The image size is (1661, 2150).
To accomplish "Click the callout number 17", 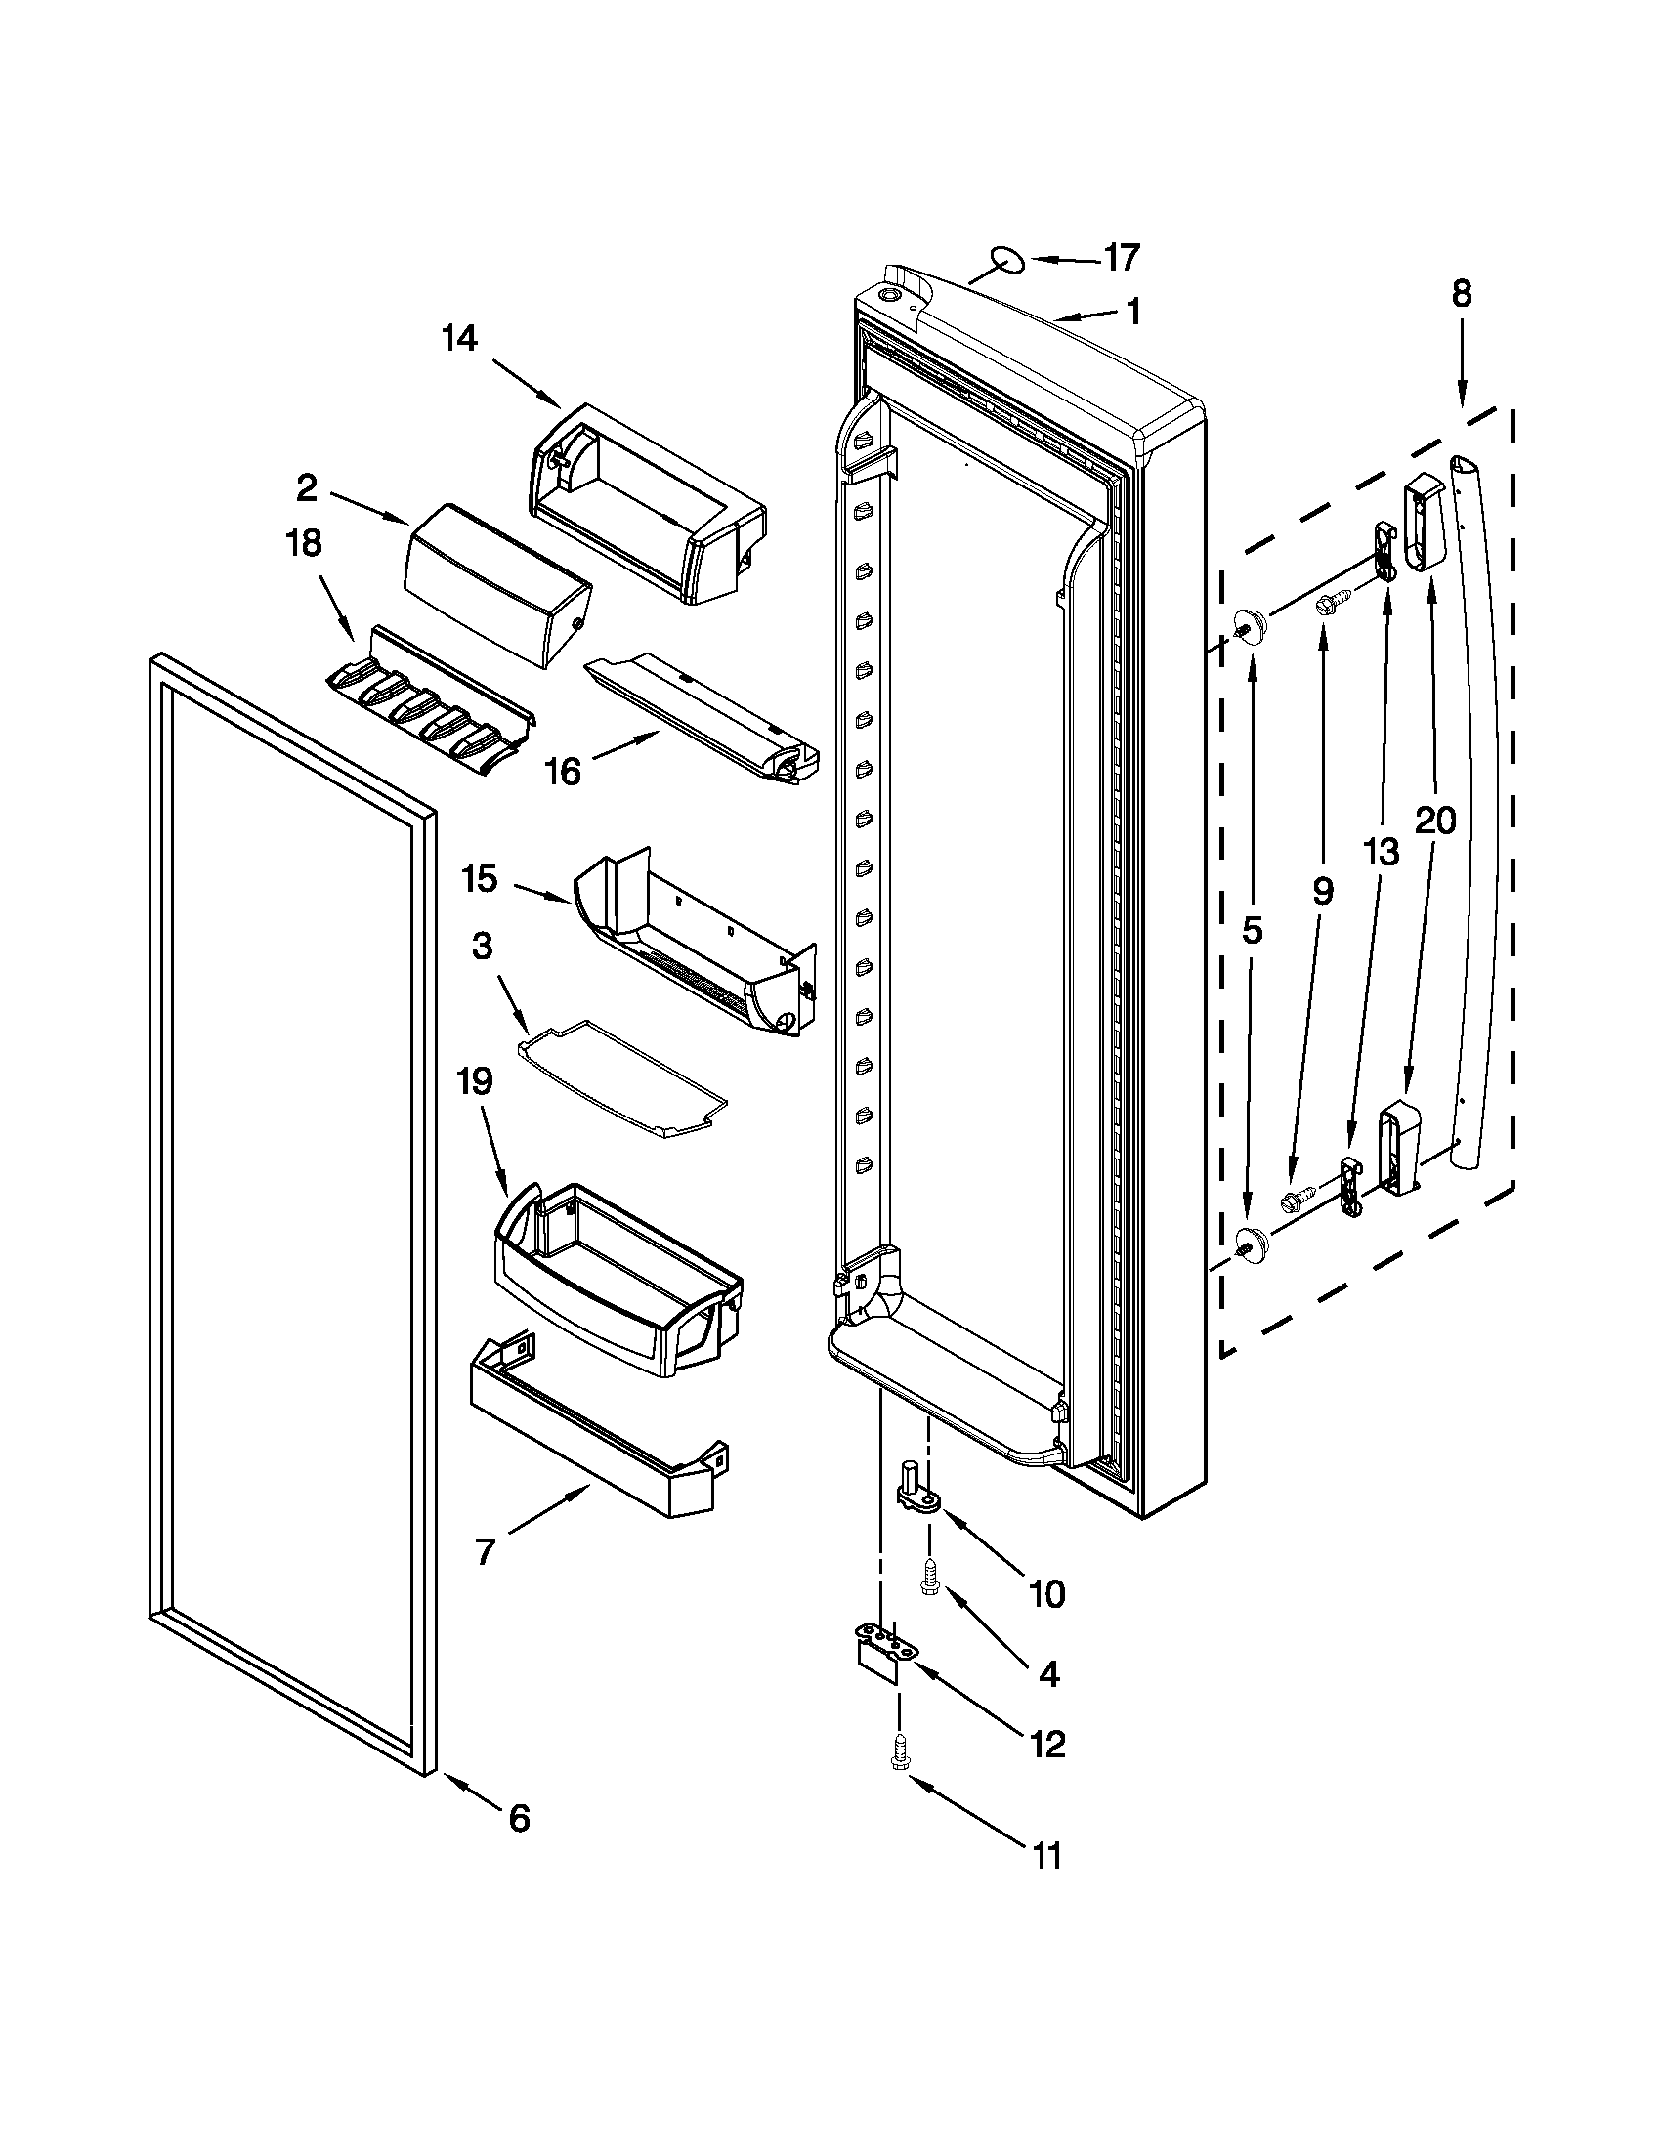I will point(1121,258).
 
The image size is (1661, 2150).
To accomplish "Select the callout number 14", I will point(459,339).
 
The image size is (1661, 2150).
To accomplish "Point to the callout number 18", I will point(303,543).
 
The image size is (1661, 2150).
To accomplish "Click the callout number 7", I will point(484,1552).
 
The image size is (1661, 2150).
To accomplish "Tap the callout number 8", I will point(1461,294).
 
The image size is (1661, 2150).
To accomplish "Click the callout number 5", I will point(1251,930).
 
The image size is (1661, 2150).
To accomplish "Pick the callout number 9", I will point(1322,892).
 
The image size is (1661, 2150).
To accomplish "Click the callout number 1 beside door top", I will point(1133,313).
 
